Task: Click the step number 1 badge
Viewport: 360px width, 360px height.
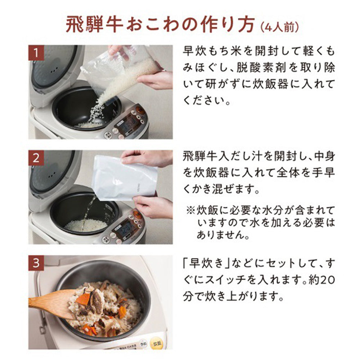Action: (x=36, y=53)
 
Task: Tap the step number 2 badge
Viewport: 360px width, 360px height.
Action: (x=36, y=158)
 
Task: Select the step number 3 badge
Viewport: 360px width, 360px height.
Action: (x=36, y=263)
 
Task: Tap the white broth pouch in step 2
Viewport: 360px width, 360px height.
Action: (x=122, y=178)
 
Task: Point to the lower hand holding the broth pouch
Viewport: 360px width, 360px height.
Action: (x=153, y=206)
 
